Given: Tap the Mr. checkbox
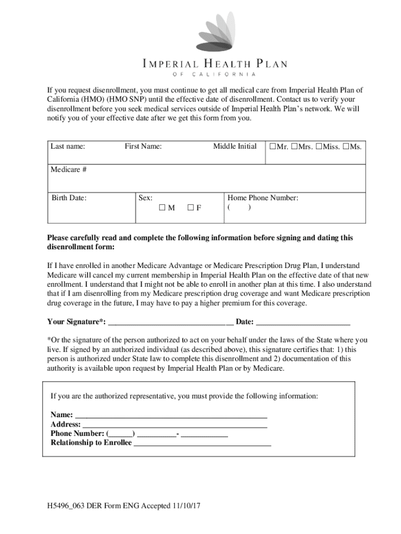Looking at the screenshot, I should coord(272,147).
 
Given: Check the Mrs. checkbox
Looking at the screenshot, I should coord(294,147).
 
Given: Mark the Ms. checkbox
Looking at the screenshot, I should coord(346,147).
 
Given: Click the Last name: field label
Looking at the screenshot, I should coord(68,147).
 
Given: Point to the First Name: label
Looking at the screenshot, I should coord(143,147).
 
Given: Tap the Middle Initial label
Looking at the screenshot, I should coord(234,147).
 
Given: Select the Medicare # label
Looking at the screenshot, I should coord(69,169).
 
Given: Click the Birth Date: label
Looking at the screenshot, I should coord(69,198).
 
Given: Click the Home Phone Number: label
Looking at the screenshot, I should coord(262,198).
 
